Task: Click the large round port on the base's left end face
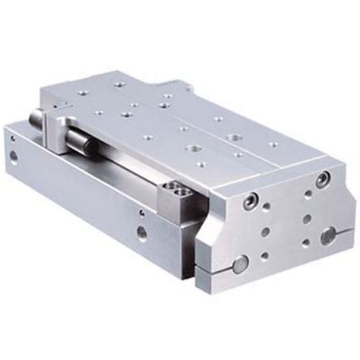click(x=15, y=159)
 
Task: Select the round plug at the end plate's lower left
click(x=238, y=265)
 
